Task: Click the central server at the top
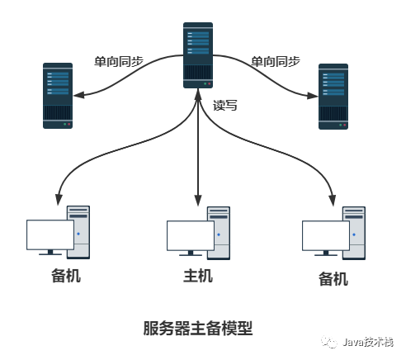198,55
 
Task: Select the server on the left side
58,96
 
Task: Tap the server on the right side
333,97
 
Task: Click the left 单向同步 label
119,61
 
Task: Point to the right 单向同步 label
276,61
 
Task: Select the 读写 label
225,106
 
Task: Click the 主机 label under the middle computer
198,276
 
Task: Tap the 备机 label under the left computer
66,276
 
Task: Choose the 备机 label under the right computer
333,279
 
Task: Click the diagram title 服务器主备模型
198,328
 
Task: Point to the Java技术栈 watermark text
368,342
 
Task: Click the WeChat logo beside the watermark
329,342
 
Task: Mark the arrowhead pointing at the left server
78,95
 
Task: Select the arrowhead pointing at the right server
313,96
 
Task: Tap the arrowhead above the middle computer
198,201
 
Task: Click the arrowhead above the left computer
59,200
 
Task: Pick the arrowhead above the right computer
333,201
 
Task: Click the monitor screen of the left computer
50,234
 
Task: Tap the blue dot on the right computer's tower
354,234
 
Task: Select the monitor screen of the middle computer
191,235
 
